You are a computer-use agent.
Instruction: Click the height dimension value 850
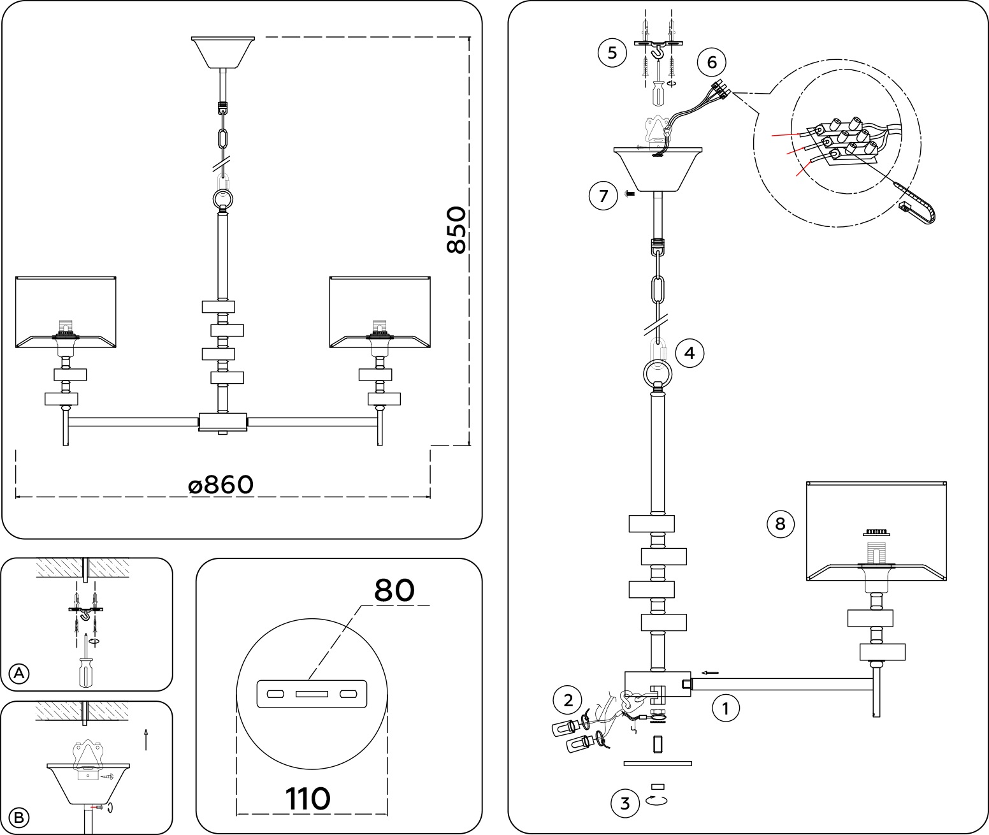click(456, 230)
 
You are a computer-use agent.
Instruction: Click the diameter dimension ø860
click(221, 485)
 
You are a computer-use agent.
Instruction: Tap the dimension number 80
click(394, 590)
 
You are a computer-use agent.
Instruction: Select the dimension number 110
click(308, 799)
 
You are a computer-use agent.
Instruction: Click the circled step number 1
click(725, 708)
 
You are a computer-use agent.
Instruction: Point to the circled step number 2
click(568, 701)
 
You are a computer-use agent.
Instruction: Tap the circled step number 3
click(624, 803)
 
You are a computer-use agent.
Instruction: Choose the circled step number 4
click(689, 352)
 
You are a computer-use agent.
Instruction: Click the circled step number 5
click(612, 52)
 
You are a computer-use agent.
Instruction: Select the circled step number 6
click(712, 62)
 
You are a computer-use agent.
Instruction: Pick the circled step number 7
click(603, 195)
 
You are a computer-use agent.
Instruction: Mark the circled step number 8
click(780, 524)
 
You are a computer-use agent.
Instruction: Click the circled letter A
click(20, 673)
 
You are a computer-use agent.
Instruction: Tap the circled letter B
click(20, 817)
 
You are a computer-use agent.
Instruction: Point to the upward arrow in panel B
click(146, 739)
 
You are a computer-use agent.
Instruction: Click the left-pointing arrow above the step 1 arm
click(710, 672)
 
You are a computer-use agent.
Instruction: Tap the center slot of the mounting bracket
click(312, 693)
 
